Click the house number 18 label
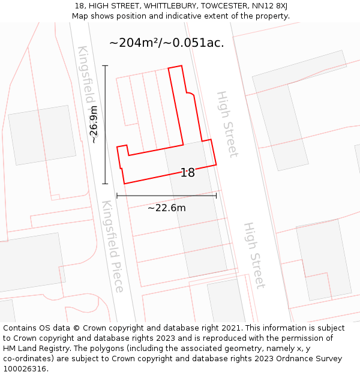point(188,173)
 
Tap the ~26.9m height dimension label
point(94,125)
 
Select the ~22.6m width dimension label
point(167,208)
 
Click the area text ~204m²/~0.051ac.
point(167,43)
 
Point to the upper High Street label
point(227,124)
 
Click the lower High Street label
point(254,255)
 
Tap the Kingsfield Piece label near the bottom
point(112,246)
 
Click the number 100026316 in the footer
point(25,369)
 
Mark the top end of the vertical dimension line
point(105,65)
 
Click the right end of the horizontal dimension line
point(217,196)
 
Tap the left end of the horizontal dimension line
point(116,196)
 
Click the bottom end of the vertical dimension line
point(105,184)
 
